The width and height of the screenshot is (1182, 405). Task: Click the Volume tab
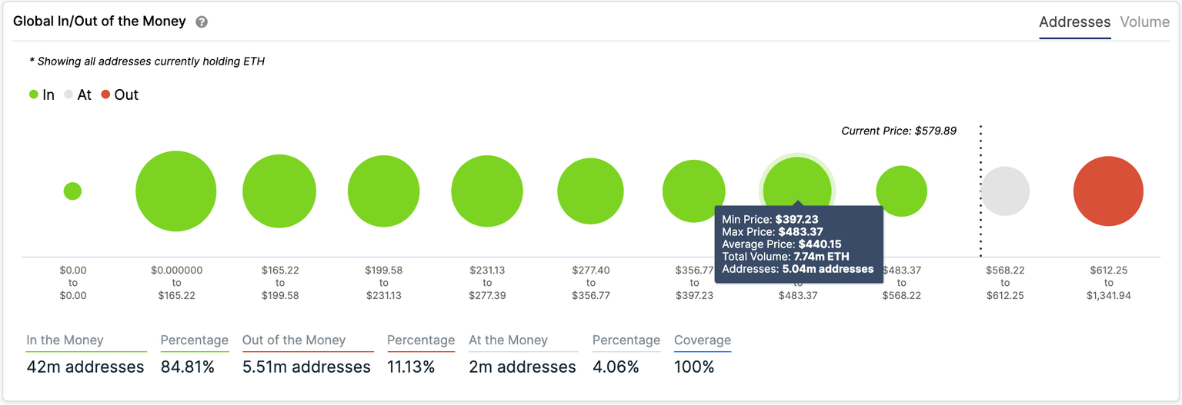click(x=1144, y=22)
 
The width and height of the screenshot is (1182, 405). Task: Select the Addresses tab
click(x=1074, y=22)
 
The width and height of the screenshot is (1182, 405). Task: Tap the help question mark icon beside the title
click(x=202, y=22)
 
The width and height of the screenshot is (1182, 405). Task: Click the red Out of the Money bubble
click(x=1108, y=191)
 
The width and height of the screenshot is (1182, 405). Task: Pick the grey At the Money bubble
click(x=1005, y=191)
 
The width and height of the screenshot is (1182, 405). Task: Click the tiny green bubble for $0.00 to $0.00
click(x=72, y=191)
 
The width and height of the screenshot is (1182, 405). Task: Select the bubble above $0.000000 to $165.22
click(x=175, y=191)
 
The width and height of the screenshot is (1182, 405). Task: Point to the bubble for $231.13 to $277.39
click(x=487, y=191)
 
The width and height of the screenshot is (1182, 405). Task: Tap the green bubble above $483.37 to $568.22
click(x=901, y=191)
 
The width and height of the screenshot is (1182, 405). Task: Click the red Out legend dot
click(x=105, y=95)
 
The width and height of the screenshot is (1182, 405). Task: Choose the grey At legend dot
click(x=68, y=95)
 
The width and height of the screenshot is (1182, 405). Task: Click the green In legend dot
click(x=34, y=95)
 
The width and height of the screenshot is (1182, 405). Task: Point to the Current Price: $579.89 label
click(x=898, y=131)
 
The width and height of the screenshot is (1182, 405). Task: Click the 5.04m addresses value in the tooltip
click(x=827, y=269)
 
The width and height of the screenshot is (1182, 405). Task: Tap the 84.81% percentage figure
click(x=187, y=367)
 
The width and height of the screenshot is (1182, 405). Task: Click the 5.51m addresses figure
click(x=306, y=367)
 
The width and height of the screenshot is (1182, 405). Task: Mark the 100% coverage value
click(x=693, y=367)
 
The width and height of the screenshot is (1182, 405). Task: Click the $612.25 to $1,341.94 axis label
click(x=1108, y=283)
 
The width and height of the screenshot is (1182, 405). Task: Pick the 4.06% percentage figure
click(x=615, y=367)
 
